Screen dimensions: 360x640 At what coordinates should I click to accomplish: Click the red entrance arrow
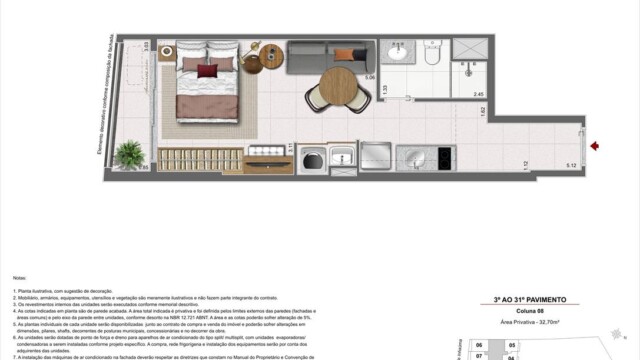point(594,147)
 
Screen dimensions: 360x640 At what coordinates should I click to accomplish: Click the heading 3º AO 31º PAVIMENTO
point(530,298)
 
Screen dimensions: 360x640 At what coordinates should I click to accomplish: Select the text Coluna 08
point(530,308)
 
